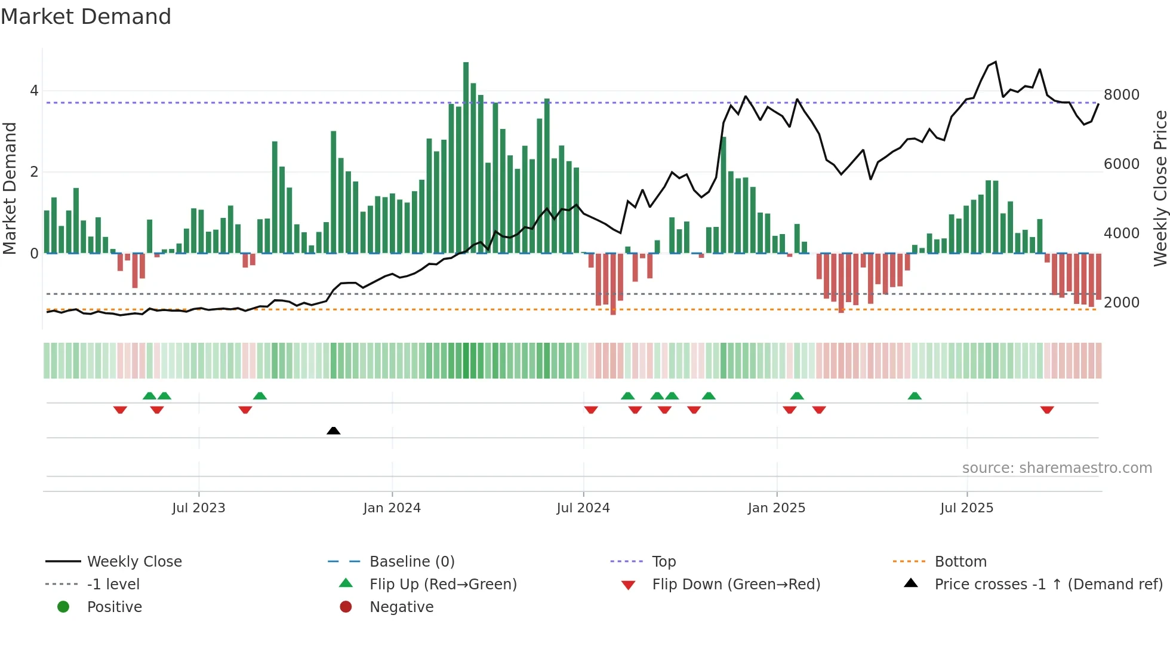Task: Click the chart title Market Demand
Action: click(x=86, y=17)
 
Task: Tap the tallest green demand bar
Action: click(x=466, y=158)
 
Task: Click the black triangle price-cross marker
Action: click(x=334, y=431)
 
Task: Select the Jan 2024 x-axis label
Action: click(x=392, y=508)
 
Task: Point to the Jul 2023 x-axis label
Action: click(x=198, y=508)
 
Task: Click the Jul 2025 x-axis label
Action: click(x=966, y=508)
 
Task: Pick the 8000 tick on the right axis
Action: click(x=1121, y=95)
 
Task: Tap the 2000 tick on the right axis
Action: click(x=1121, y=303)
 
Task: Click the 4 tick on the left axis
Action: click(x=34, y=91)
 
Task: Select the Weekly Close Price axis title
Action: click(x=1160, y=188)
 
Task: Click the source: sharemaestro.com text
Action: click(x=1057, y=468)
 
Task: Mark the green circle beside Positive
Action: click(x=63, y=607)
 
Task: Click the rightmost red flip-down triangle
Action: click(x=1046, y=410)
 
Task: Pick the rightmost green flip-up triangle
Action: click(x=915, y=396)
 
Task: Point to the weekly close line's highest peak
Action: click(x=995, y=62)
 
